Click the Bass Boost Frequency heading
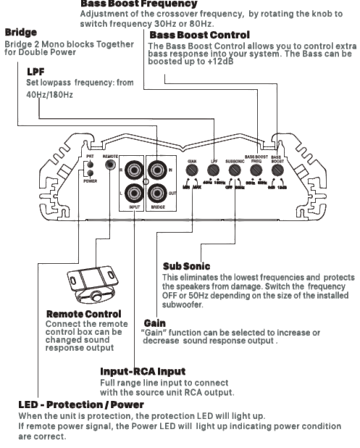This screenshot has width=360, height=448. (138, 4)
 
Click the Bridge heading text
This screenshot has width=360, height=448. (21, 33)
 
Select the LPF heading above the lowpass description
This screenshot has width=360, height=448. (35, 72)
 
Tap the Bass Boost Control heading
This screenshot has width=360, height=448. (199, 35)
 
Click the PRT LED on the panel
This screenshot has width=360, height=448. (90, 165)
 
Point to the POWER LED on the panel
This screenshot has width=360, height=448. (90, 174)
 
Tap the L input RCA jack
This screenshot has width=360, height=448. (134, 194)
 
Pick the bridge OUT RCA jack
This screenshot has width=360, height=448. (158, 194)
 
